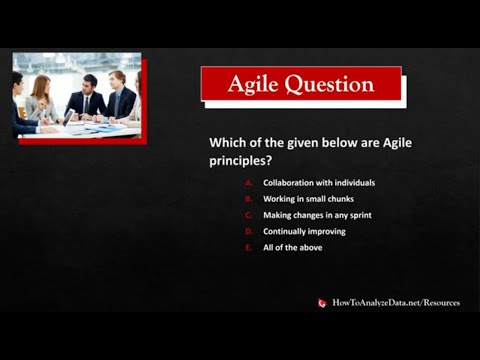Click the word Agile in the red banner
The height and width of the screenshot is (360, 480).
click(254, 84)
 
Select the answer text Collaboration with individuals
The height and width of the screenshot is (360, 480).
click(319, 183)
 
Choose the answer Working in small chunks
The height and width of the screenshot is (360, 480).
click(310, 199)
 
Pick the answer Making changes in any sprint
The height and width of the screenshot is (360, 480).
click(319, 215)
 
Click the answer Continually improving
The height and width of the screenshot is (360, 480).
click(304, 231)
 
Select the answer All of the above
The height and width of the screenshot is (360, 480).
click(292, 247)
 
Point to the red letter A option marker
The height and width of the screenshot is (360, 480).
click(247, 183)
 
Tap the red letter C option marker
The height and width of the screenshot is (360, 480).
click(247, 215)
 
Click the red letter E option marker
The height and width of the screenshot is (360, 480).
click(247, 247)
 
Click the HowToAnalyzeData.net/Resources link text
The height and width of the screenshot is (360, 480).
click(396, 302)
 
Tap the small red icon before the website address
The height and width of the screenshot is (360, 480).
click(322, 303)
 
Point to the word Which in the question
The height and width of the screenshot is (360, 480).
click(227, 143)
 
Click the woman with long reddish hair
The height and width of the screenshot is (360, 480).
click(41, 97)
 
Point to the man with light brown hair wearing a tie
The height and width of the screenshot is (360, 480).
click(119, 95)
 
